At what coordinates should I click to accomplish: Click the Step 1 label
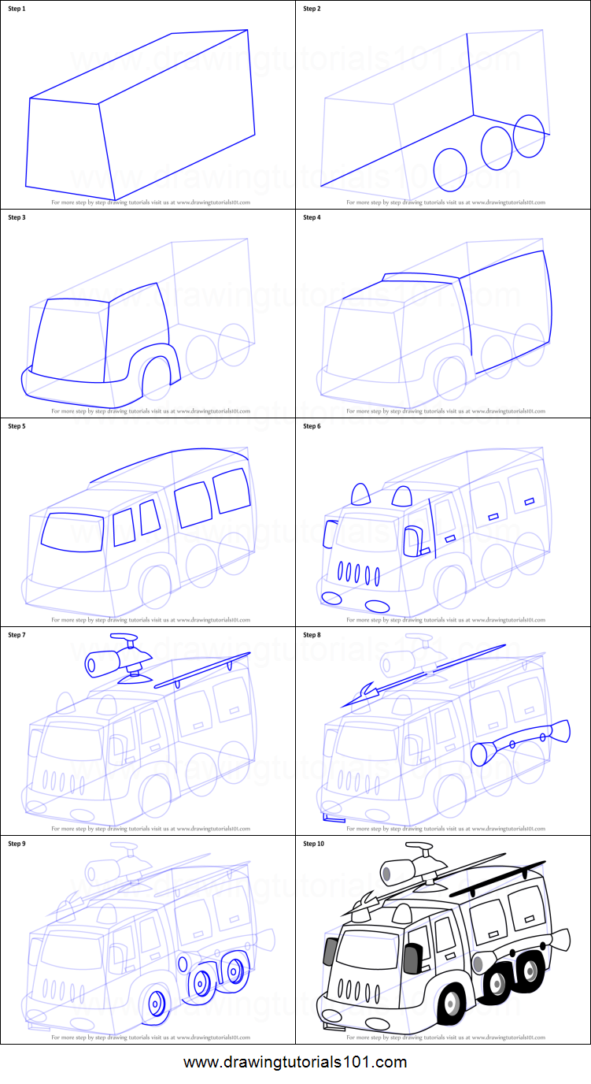click(17, 9)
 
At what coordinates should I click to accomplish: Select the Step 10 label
click(314, 844)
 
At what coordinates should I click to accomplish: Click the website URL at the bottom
click(295, 1062)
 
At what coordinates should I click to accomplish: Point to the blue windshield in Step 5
click(72, 530)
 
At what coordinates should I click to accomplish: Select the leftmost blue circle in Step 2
click(450, 169)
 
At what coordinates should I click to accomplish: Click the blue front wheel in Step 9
click(157, 1003)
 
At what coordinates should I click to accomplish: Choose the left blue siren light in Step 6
click(360, 495)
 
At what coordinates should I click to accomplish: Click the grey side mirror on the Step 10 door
click(411, 959)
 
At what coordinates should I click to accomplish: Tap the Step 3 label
click(17, 217)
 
